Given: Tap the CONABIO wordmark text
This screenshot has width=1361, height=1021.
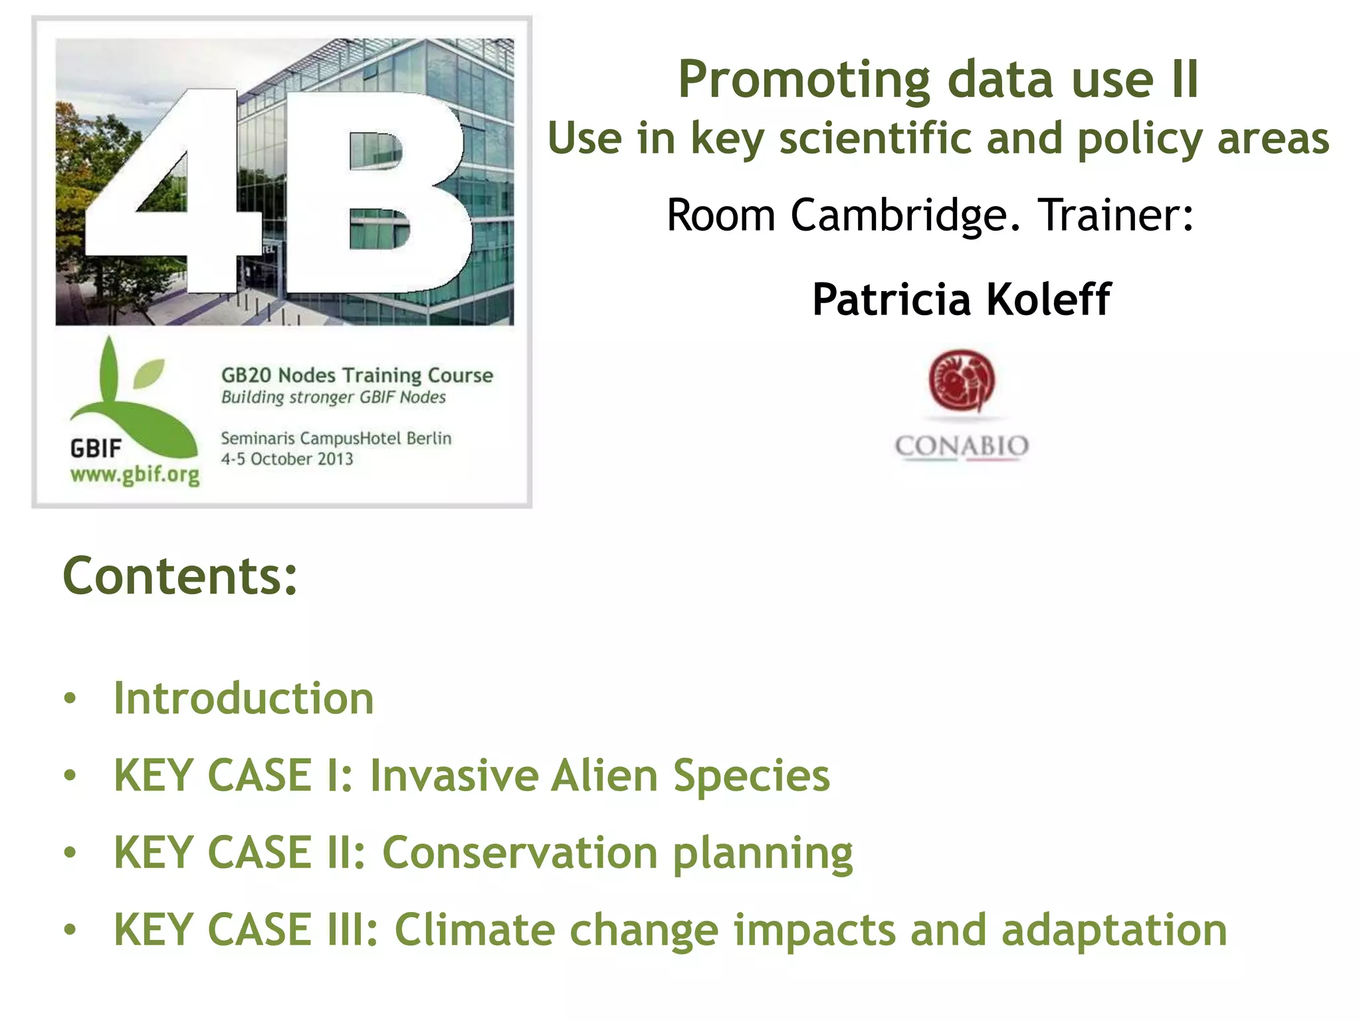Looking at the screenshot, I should pos(962,446).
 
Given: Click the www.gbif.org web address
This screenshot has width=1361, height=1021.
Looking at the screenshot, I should pos(135,475).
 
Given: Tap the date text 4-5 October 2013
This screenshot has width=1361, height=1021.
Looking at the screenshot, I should pos(287,459).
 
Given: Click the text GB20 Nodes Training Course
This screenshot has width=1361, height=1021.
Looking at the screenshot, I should pos(357,376).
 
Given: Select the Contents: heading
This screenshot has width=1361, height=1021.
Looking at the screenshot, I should pos(180,576).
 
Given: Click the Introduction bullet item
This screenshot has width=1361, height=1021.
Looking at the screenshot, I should pos(244,699).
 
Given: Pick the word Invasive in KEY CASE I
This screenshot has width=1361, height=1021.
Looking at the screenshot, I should pos(454,776).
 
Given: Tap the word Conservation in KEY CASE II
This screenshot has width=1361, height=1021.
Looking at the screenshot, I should pos(520,853).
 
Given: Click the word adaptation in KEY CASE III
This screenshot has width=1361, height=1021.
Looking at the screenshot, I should pos(1114,930).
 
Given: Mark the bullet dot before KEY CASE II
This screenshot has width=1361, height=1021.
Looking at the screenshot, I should pos(70,852).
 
